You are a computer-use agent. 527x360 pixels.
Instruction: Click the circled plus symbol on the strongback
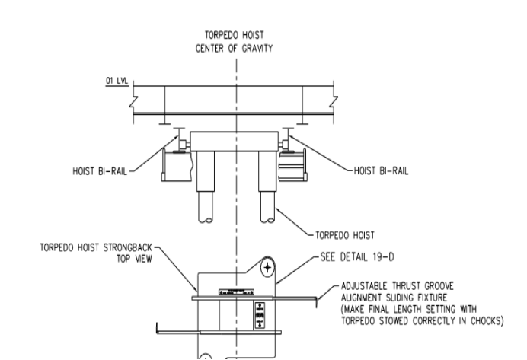267,268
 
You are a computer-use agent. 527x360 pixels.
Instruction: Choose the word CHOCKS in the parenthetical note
485,321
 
